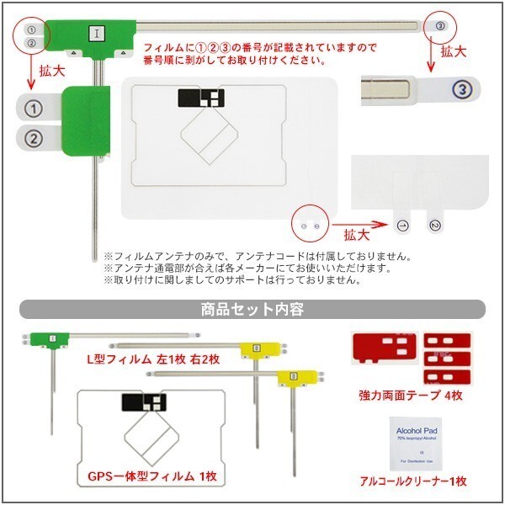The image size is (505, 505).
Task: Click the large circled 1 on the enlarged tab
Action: (33, 109)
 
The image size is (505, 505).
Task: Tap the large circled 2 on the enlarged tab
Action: (33, 138)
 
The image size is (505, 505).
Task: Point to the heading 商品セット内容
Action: (252, 309)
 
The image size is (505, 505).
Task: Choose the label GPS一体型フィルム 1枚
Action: (152, 476)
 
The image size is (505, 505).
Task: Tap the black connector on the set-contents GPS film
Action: (140, 403)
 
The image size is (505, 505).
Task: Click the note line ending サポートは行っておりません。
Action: (236, 279)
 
